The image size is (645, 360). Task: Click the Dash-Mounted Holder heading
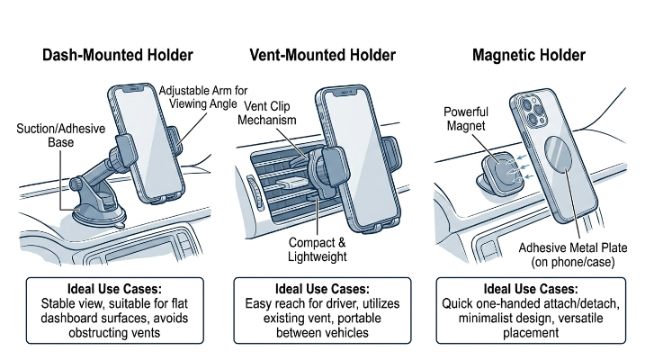pyautogui.click(x=118, y=55)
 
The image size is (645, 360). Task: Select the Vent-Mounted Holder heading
pyautogui.click(x=322, y=55)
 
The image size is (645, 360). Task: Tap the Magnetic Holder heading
pyautogui.click(x=529, y=55)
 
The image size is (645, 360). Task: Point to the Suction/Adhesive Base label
pyautogui.click(x=61, y=135)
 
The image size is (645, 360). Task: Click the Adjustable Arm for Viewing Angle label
pyautogui.click(x=203, y=97)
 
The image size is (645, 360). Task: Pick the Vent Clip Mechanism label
pyautogui.click(x=267, y=113)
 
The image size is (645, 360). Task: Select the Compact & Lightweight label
pyautogui.click(x=318, y=249)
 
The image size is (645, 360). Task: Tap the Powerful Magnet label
pyautogui.click(x=466, y=119)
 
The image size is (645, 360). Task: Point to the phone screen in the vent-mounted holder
pyautogui.click(x=360, y=157)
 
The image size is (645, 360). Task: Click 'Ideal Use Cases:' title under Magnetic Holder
pyautogui.click(x=531, y=289)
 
